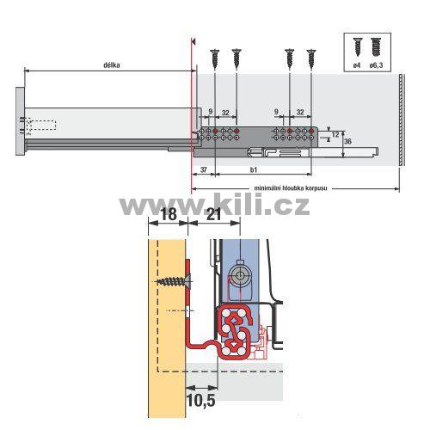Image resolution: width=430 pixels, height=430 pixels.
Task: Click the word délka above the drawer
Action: (x=112, y=65)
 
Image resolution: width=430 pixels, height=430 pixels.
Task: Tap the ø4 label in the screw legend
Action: (x=357, y=65)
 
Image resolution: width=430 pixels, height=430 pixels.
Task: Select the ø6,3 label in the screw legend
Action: (x=376, y=65)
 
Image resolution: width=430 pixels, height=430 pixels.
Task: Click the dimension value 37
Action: (x=203, y=169)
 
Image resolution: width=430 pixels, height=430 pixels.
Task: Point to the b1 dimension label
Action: (x=254, y=169)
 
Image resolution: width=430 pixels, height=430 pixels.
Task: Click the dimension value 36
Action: (x=347, y=141)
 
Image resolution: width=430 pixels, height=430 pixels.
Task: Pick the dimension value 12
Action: (x=335, y=134)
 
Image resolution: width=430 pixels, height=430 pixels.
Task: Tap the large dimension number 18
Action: (x=169, y=214)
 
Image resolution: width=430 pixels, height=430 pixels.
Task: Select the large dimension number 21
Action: (x=213, y=214)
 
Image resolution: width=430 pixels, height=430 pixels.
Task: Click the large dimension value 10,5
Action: (x=200, y=400)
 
